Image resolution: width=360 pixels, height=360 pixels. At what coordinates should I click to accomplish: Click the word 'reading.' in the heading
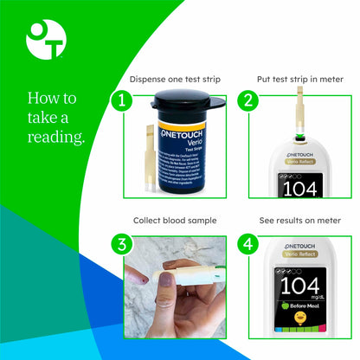coord(57,138)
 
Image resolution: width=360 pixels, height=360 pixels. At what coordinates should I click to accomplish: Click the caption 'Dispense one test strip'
coord(175,80)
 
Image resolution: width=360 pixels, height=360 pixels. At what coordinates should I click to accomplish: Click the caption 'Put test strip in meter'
coord(300,80)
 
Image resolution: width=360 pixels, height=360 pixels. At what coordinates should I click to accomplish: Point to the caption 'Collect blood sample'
coord(175,221)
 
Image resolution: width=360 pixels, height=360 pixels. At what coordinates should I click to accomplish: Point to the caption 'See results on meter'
coord(300,221)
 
